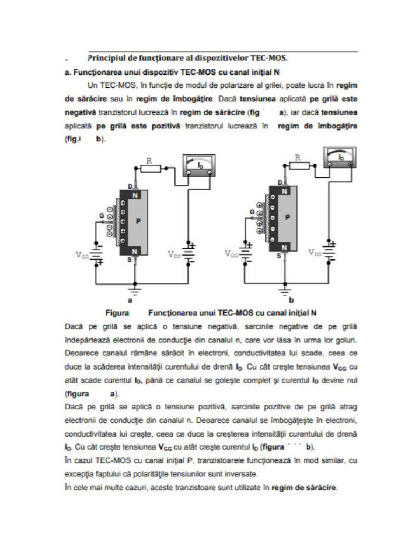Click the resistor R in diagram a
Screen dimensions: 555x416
click(150, 168)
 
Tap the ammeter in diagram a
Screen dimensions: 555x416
click(200, 165)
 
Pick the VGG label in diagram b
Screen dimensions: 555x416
click(231, 253)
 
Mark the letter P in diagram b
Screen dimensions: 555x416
click(288, 217)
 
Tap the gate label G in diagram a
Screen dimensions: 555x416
click(101, 216)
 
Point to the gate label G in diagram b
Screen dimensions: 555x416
click(252, 211)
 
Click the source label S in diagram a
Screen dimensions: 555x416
click(130, 260)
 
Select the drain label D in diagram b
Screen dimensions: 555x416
click(279, 183)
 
